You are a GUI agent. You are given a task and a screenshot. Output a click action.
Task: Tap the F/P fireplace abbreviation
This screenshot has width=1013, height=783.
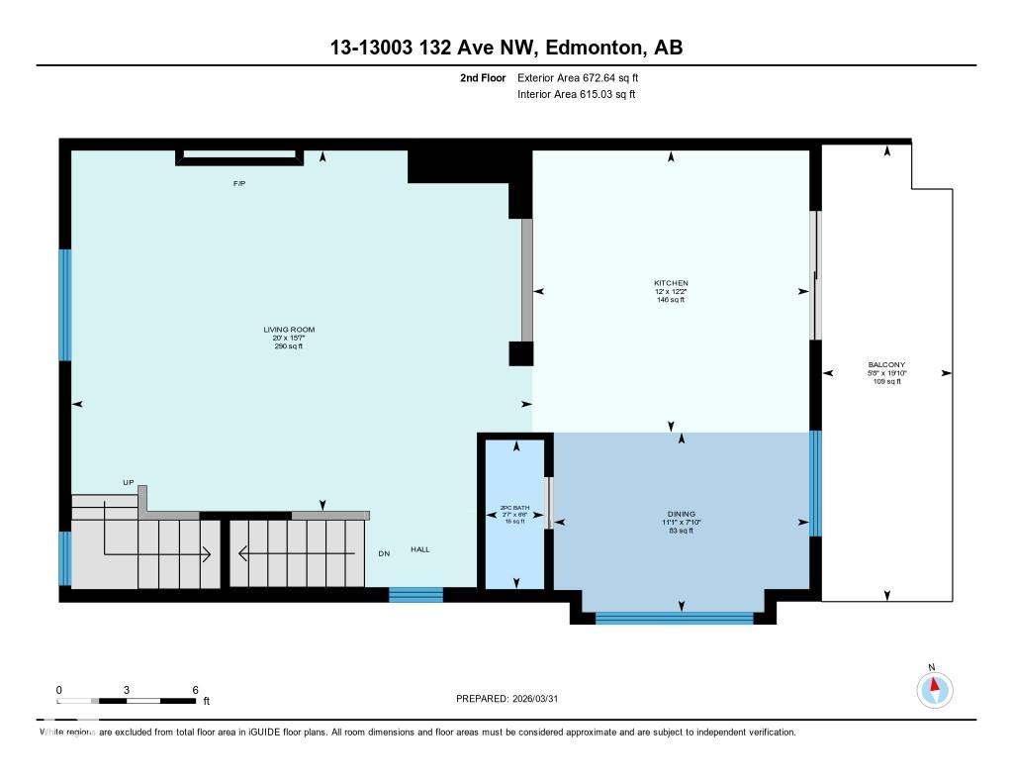[x=238, y=184]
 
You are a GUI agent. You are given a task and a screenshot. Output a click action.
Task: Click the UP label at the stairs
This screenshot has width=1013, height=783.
[x=128, y=482]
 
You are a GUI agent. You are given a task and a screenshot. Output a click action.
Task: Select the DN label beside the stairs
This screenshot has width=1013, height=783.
[x=384, y=552]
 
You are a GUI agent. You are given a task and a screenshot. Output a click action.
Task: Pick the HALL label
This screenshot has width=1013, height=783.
[x=420, y=549]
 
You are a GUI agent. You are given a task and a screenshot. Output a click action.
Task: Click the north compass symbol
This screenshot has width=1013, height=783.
[x=933, y=688]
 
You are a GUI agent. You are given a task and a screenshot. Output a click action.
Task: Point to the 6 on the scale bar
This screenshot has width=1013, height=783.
[x=196, y=690]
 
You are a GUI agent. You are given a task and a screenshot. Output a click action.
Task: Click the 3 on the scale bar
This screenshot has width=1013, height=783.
[x=127, y=690]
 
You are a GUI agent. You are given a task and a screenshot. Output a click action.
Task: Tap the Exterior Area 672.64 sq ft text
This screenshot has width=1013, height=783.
[x=585, y=77]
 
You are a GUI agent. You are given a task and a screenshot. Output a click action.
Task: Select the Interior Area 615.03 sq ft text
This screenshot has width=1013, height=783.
[x=576, y=95]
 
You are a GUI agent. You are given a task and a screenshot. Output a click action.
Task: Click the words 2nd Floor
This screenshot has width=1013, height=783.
[x=483, y=77]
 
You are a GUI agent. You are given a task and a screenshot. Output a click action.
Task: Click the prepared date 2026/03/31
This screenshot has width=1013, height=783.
[x=542, y=699]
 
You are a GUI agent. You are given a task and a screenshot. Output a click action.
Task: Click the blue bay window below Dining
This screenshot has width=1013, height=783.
[x=674, y=619]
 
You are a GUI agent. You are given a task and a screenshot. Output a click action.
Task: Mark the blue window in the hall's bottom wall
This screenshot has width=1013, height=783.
[x=415, y=594]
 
